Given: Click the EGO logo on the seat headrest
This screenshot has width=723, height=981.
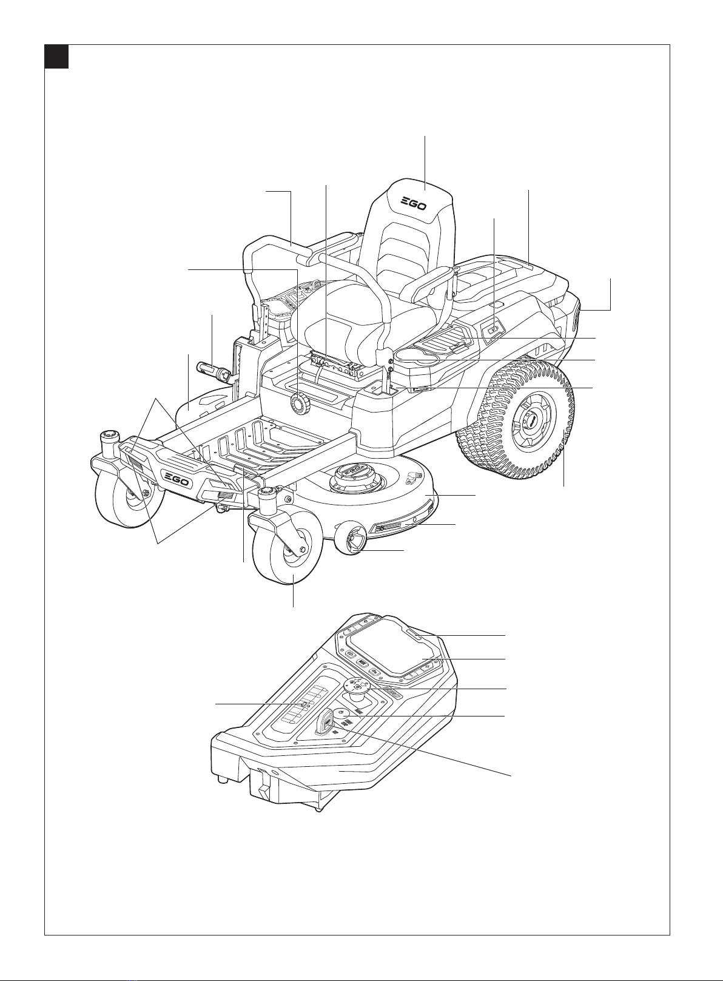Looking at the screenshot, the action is pyautogui.click(x=414, y=204).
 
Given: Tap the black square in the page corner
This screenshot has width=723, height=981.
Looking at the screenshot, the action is pyautogui.click(x=56, y=56).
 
